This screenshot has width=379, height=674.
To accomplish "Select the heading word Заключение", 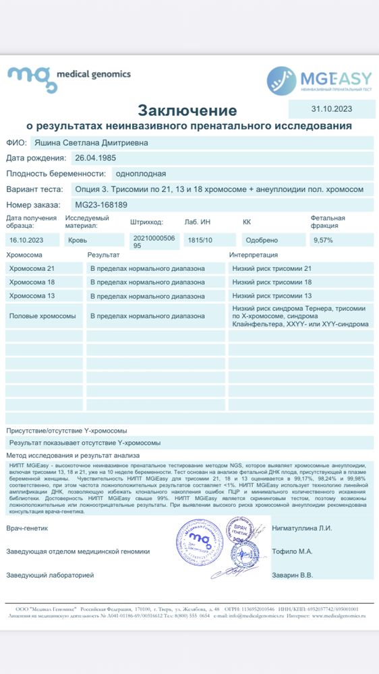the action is (187, 110).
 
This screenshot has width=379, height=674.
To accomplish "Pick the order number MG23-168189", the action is (101, 205).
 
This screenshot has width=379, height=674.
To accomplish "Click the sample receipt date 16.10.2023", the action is (26, 240).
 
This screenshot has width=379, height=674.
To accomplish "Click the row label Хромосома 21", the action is (32, 268).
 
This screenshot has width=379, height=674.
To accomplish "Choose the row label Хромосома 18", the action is (32, 282).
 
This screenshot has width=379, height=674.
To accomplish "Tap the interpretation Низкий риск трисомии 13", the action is (272, 296).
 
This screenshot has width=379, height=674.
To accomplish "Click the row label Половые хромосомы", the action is (42, 315).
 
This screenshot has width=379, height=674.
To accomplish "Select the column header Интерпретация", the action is (254, 255).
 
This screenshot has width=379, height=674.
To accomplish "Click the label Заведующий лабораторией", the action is (50, 575).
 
